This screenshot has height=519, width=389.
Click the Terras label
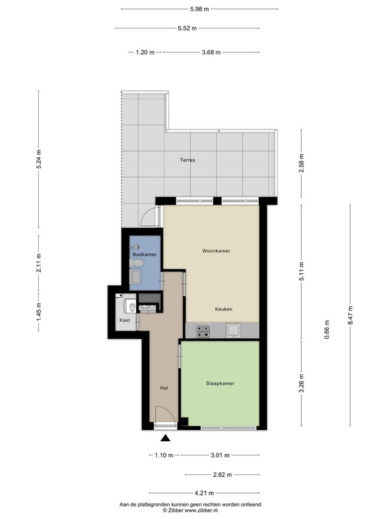[x=187, y=160]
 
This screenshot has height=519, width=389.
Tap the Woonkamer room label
[x=216, y=251]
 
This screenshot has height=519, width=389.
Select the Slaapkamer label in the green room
[x=220, y=383]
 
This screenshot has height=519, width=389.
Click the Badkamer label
[x=145, y=254]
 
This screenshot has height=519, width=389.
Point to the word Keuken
[x=224, y=309]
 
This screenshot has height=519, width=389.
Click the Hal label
[x=164, y=388]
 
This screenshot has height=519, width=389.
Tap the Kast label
[x=124, y=320]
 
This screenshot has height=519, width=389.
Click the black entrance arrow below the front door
[x=165, y=439]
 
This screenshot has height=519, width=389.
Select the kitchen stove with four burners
[x=203, y=331]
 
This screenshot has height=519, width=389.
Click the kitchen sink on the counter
[x=233, y=330]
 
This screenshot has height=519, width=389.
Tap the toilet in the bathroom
[x=136, y=263]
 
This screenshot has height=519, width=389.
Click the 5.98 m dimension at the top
[x=200, y=9]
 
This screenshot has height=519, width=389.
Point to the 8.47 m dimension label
[x=350, y=315]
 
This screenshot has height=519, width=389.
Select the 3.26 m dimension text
[x=301, y=383]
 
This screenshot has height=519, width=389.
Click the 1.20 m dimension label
[x=145, y=53]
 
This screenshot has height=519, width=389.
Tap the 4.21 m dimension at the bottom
[x=204, y=493]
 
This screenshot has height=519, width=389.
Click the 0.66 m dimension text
[x=327, y=330]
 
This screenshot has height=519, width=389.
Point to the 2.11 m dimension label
[x=39, y=263]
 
